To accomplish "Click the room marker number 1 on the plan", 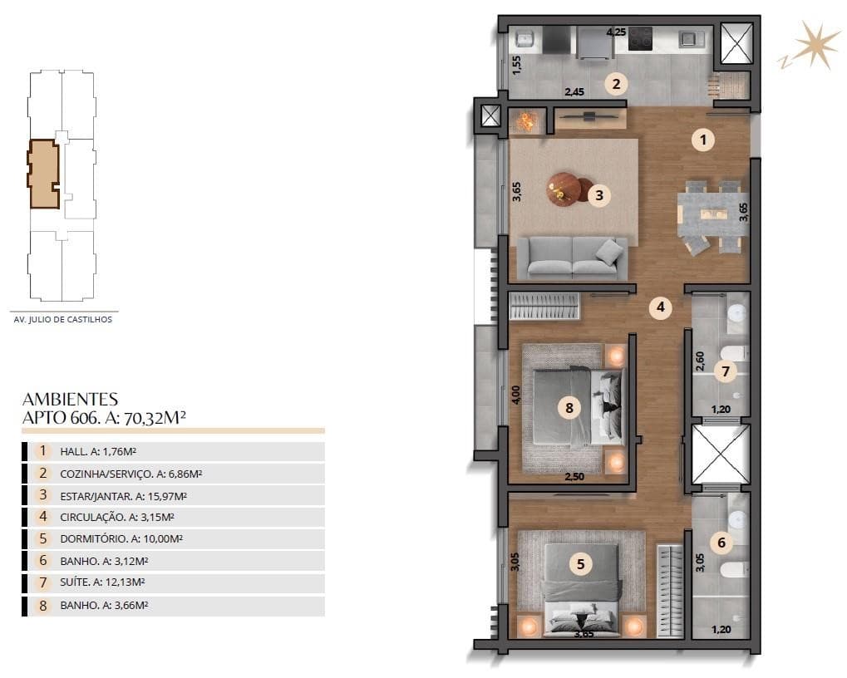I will pyautogui.click(x=702, y=140).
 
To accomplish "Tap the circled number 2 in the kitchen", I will pyautogui.click(x=615, y=83).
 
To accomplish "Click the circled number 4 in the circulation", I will pyautogui.click(x=660, y=308).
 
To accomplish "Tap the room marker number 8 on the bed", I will pyautogui.click(x=569, y=407).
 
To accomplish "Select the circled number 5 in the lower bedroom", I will pyautogui.click(x=580, y=564).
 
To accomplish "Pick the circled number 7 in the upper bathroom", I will pyautogui.click(x=725, y=371).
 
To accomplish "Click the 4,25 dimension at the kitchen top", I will pyautogui.click(x=615, y=32).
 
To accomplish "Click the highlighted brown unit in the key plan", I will pyautogui.click(x=42, y=173).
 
